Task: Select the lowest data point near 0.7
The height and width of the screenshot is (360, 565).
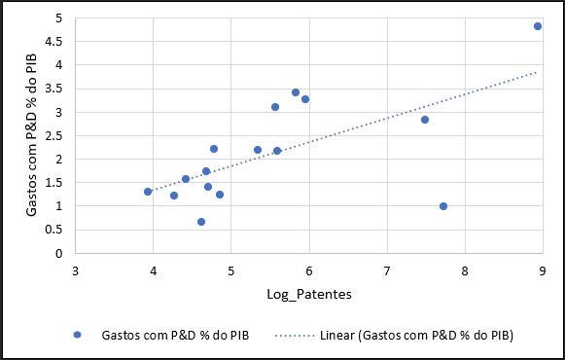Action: click(201, 222)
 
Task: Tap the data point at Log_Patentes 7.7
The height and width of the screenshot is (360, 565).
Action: click(443, 206)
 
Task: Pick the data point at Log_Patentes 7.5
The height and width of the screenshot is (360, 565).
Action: click(425, 120)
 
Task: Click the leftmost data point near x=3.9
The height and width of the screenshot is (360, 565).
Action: click(148, 192)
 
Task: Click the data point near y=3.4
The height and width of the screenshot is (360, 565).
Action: click(296, 92)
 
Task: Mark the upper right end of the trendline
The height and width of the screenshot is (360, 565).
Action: click(537, 72)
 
